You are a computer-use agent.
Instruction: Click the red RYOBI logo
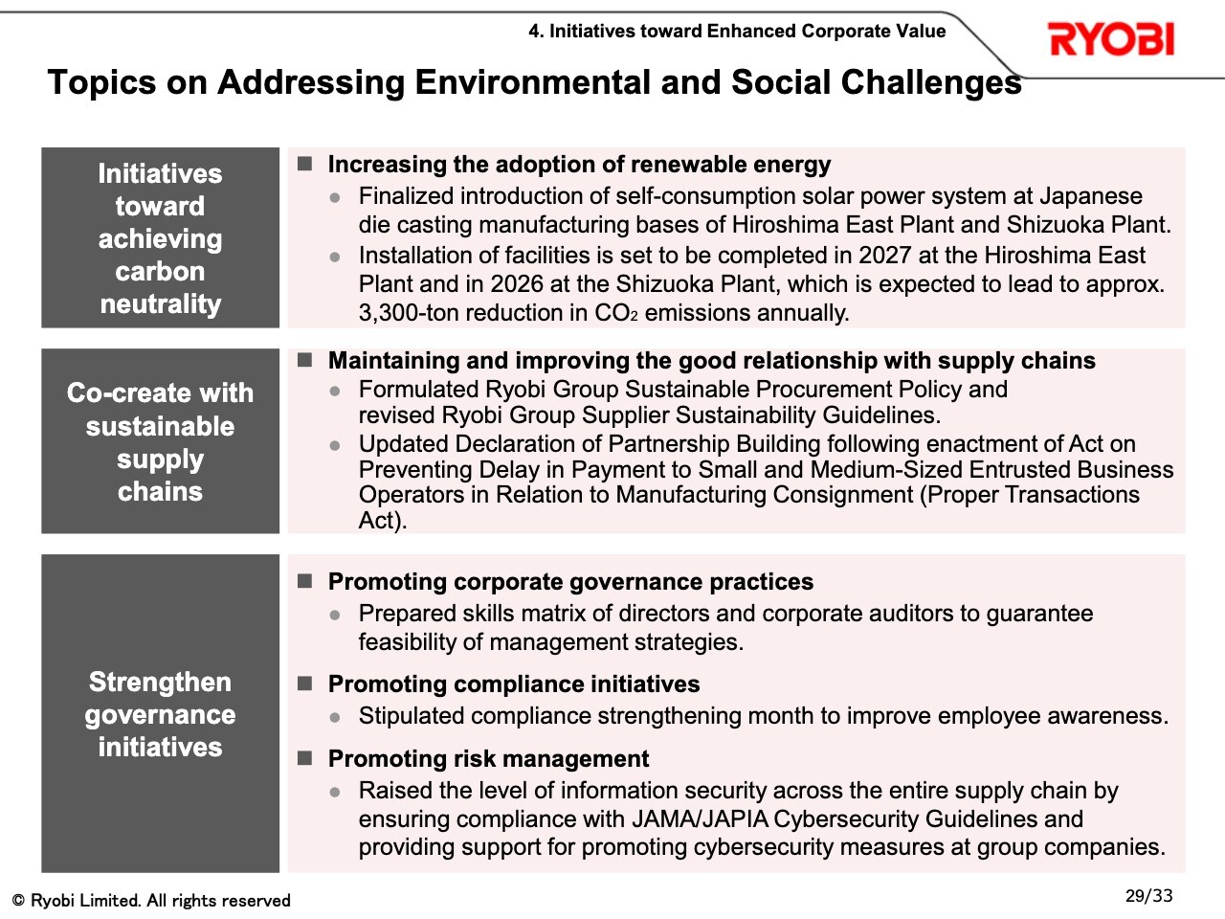pyautogui.click(x=1111, y=38)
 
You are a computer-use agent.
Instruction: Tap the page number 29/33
pyautogui.click(x=1148, y=896)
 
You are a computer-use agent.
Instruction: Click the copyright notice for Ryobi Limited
pyautogui.click(x=151, y=900)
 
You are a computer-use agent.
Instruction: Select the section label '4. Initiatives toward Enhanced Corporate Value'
pyautogui.click(x=737, y=31)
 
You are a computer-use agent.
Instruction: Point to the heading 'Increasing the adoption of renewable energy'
pyautogui.click(x=579, y=164)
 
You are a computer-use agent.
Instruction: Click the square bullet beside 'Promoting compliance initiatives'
pyautogui.click(x=304, y=683)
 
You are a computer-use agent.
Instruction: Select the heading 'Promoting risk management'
pyautogui.click(x=488, y=758)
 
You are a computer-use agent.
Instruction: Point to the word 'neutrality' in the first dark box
pyautogui.click(x=161, y=303)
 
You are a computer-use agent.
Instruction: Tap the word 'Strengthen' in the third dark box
pyautogui.click(x=160, y=682)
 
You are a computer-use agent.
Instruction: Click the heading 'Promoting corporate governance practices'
pyautogui.click(x=570, y=581)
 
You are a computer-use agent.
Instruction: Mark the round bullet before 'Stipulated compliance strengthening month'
pyautogui.click(x=335, y=717)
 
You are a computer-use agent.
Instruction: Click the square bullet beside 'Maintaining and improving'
pyautogui.click(x=304, y=360)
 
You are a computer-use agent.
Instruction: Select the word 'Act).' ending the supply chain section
pyautogui.click(x=383, y=520)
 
